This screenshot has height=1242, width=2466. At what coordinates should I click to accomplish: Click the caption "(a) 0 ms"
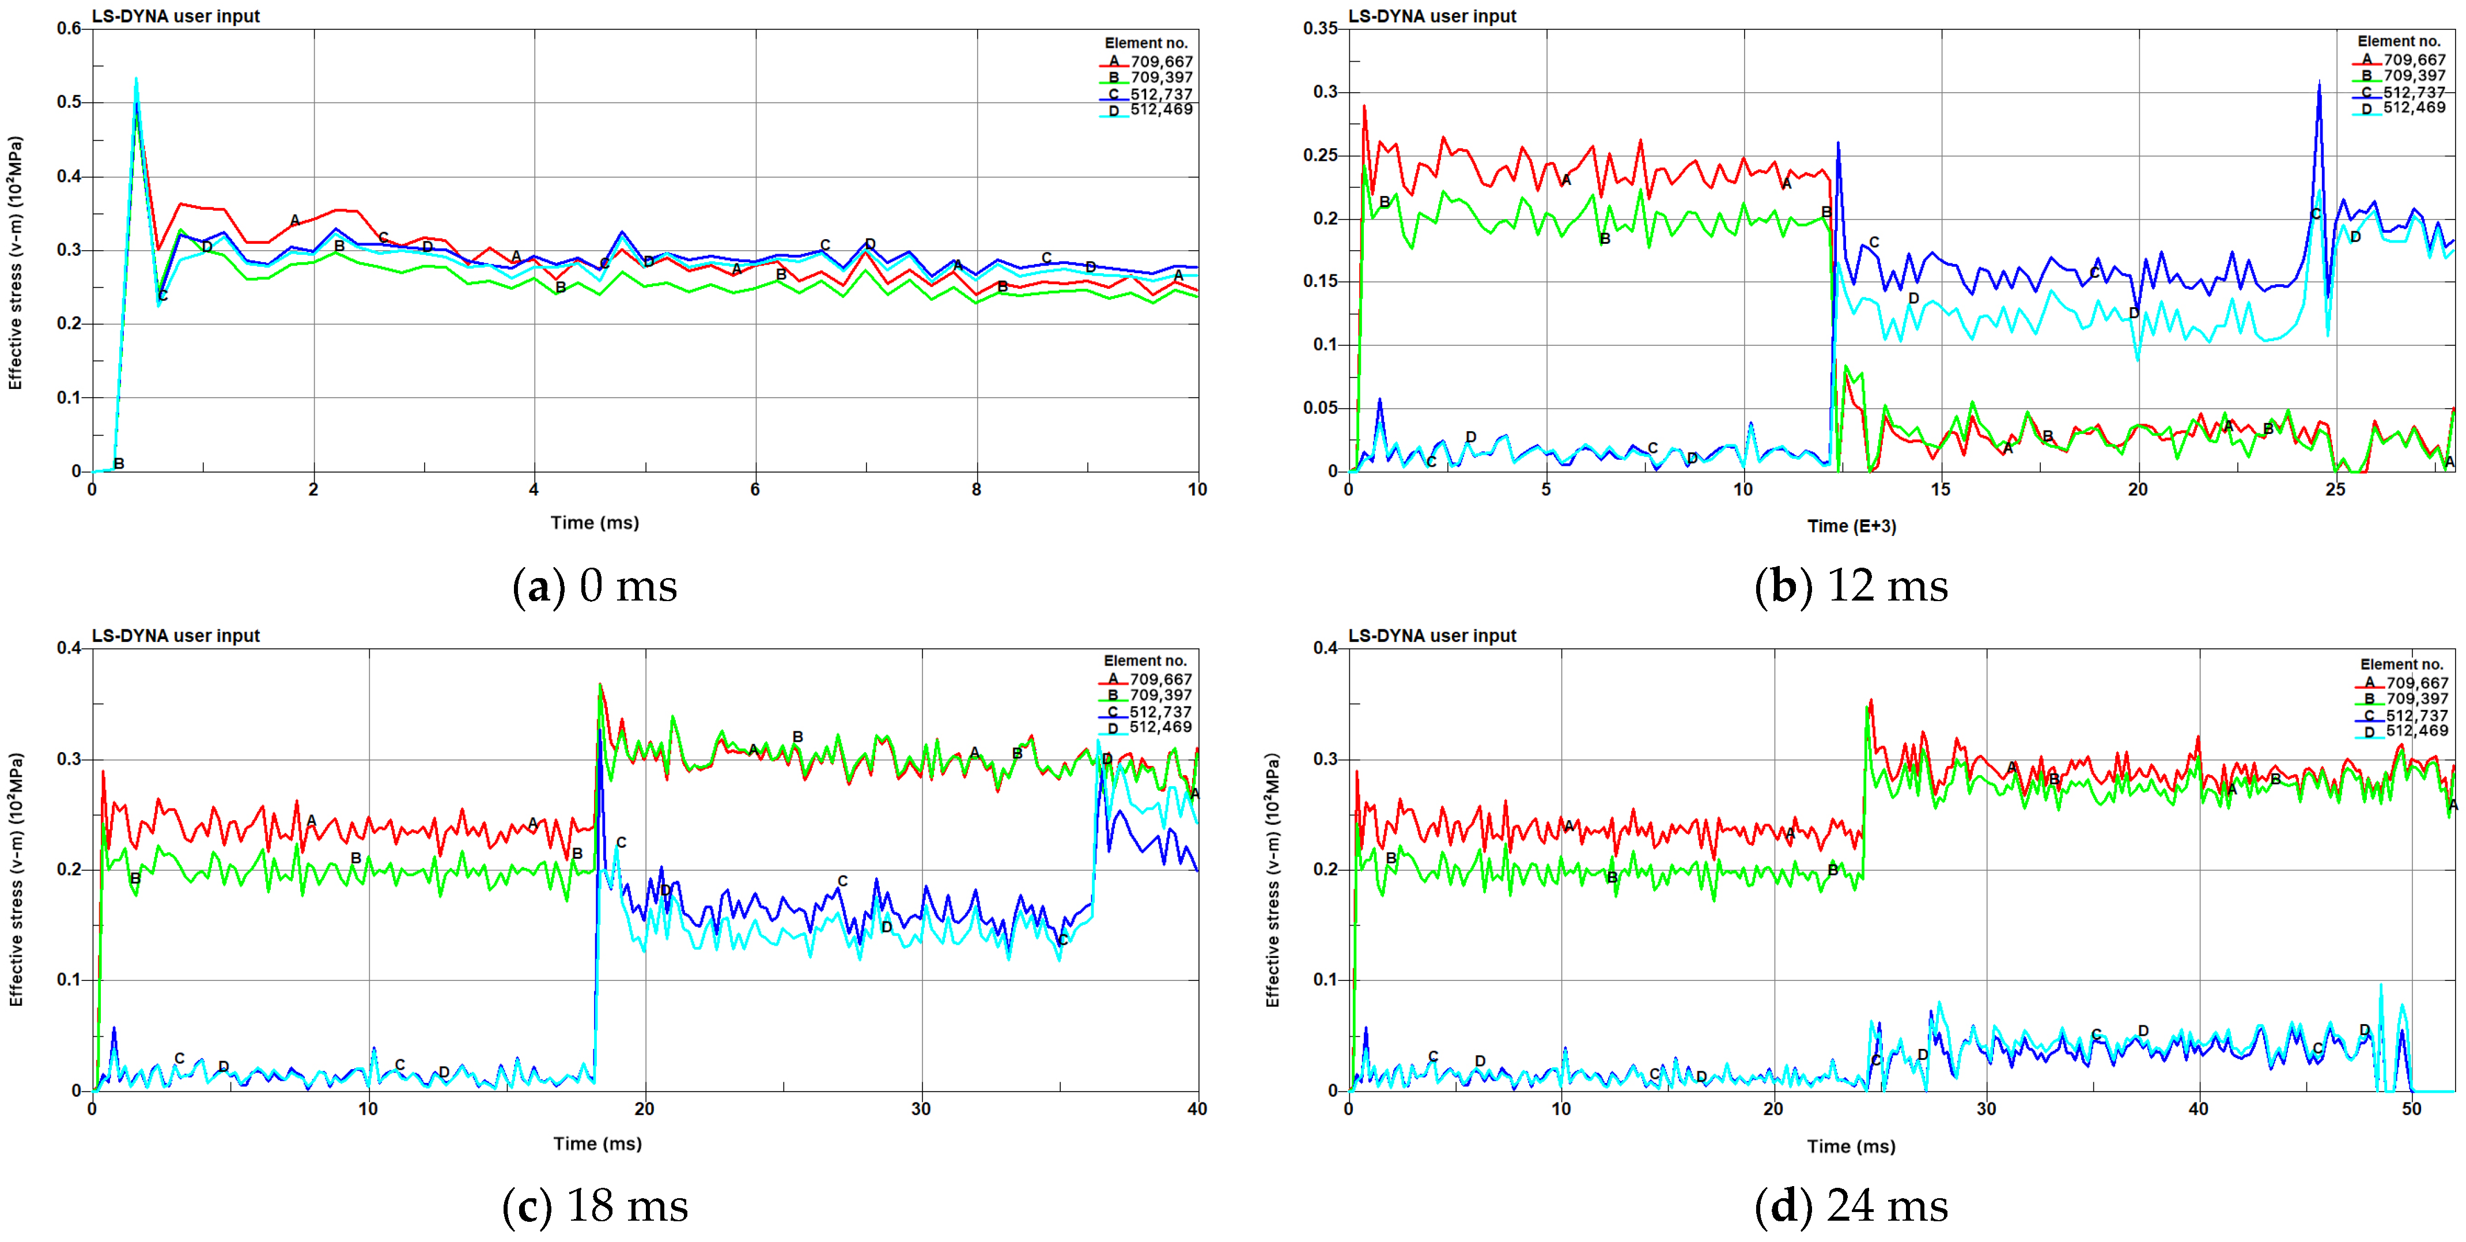[x=595, y=586]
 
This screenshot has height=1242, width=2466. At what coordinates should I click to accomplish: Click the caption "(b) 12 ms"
[x=1851, y=586]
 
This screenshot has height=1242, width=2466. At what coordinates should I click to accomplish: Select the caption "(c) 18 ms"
[x=595, y=1206]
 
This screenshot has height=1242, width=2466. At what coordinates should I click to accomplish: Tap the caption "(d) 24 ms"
[x=1851, y=1206]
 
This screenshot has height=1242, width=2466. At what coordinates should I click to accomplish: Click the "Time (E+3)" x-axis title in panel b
[x=1851, y=526]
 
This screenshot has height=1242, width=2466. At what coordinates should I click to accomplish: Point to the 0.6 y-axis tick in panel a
[x=69, y=29]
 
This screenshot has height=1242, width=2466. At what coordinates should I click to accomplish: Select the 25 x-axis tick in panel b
[x=2336, y=489]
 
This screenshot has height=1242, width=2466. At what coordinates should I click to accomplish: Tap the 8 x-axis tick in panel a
[x=977, y=489]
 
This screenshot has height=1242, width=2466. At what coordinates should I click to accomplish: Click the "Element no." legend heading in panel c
[x=1145, y=660]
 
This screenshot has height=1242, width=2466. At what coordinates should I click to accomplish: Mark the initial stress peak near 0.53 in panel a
[x=136, y=81]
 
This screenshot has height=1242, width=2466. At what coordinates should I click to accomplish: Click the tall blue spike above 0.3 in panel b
[x=2319, y=84]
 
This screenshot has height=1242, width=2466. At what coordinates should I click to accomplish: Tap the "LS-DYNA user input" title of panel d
[x=1432, y=636]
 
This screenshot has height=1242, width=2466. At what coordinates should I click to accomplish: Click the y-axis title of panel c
[x=16, y=879]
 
